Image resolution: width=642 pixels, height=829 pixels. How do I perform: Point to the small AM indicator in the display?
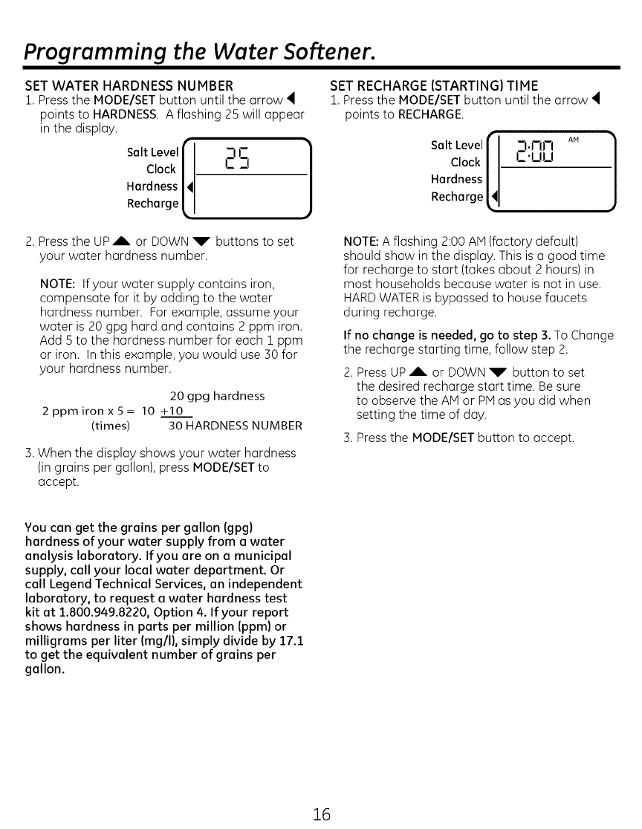point(573,140)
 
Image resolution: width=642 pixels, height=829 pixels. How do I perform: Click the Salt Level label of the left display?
point(152,152)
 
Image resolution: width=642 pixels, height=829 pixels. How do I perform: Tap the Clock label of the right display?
point(466,162)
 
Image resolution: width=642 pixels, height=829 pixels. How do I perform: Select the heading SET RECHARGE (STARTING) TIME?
point(434,85)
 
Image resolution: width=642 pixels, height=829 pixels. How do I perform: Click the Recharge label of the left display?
point(152,204)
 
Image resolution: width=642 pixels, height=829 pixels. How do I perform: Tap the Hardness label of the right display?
point(456,179)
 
